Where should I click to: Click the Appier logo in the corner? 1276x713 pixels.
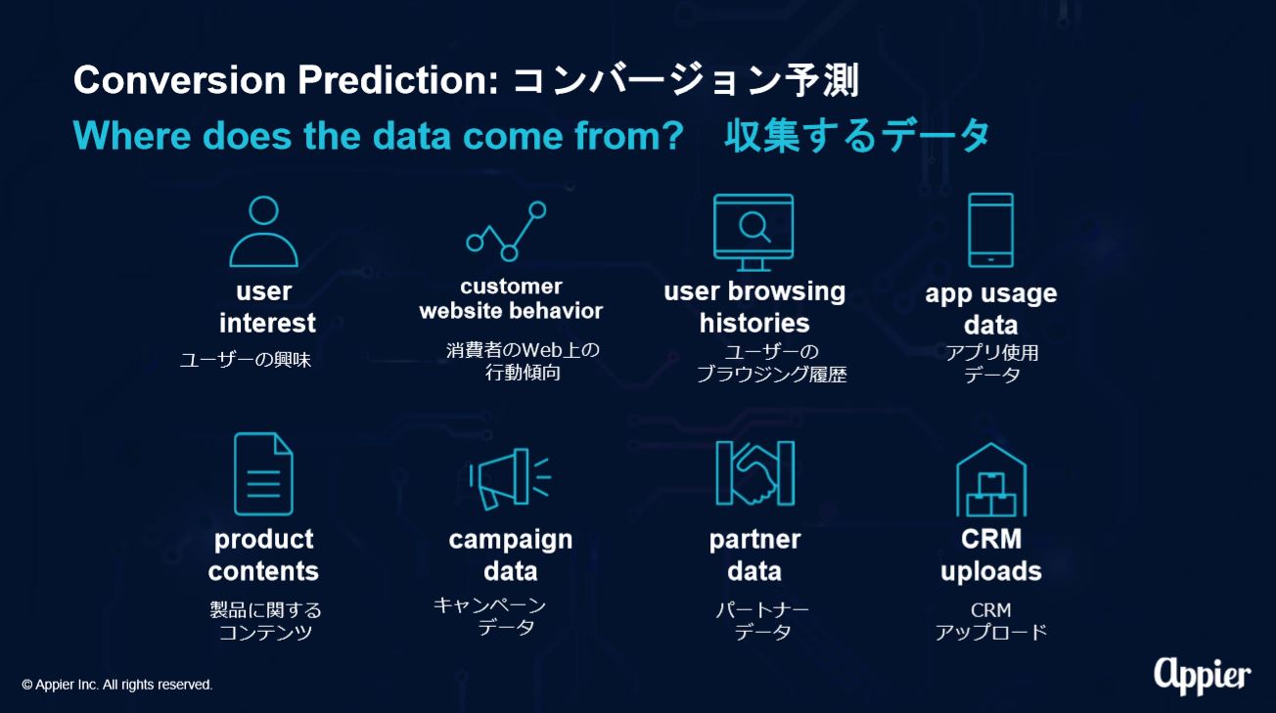tap(1203, 676)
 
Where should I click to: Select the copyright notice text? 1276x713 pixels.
tap(116, 685)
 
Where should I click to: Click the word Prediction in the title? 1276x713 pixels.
tap(397, 80)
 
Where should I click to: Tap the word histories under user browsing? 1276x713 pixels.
tap(754, 323)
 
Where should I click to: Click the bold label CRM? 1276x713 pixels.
tap(991, 539)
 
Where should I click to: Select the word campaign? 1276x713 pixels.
tap(511, 540)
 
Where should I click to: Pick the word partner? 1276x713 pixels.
tap(754, 540)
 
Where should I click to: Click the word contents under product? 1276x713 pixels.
tap(263, 571)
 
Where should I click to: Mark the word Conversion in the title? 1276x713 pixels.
tap(179, 80)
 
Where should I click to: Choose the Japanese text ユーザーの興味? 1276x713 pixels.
tap(246, 360)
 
